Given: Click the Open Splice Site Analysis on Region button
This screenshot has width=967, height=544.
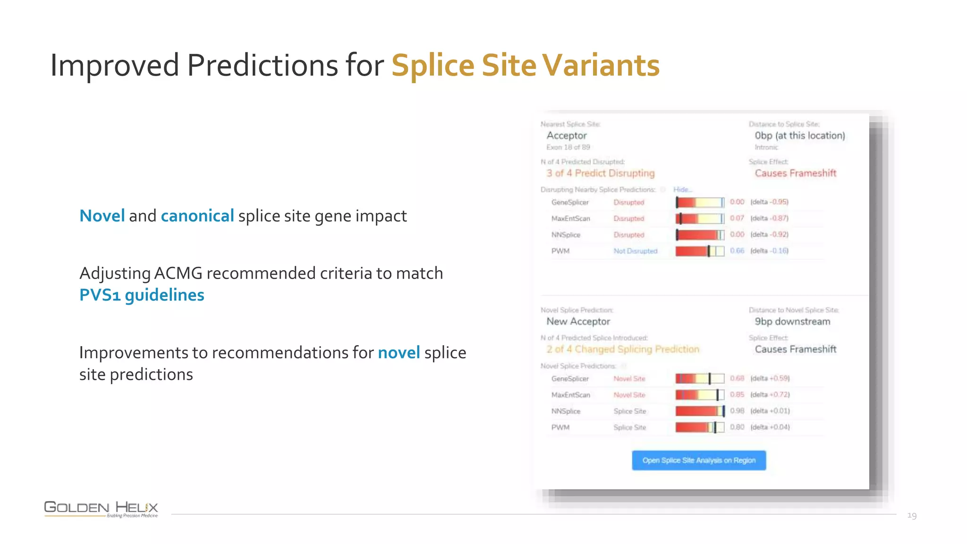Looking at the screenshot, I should (699, 460).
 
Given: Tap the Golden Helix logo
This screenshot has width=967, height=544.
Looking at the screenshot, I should (101, 509).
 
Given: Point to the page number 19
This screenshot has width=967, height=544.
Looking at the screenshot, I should (912, 515).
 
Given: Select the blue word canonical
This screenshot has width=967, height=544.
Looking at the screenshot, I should (197, 216).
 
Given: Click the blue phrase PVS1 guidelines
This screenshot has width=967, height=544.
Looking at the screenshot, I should (142, 295).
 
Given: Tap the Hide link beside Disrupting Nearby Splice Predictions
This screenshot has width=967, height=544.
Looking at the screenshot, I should (682, 189).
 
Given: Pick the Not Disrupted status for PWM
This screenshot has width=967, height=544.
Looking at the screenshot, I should (635, 251).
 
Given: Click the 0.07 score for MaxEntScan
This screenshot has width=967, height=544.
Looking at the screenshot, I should (737, 218).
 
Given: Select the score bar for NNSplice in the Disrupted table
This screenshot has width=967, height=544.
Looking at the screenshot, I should (700, 235).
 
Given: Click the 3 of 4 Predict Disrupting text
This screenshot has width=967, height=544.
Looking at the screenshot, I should (600, 173).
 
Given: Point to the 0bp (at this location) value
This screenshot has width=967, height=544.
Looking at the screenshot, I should (799, 136).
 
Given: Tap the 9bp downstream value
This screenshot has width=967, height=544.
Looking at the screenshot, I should (792, 322).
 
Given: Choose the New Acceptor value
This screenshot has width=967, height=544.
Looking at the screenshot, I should (578, 322).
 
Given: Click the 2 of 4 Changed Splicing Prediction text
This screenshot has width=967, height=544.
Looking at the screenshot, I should (622, 349).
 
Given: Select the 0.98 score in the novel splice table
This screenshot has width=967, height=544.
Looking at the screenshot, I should (737, 411).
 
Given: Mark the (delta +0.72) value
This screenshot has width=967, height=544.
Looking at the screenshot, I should (770, 395).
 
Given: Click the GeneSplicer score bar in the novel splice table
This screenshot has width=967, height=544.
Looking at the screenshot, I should (700, 379).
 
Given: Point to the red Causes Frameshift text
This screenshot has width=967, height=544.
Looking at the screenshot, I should (795, 173).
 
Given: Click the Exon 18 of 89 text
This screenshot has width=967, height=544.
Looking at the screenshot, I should (568, 147).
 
